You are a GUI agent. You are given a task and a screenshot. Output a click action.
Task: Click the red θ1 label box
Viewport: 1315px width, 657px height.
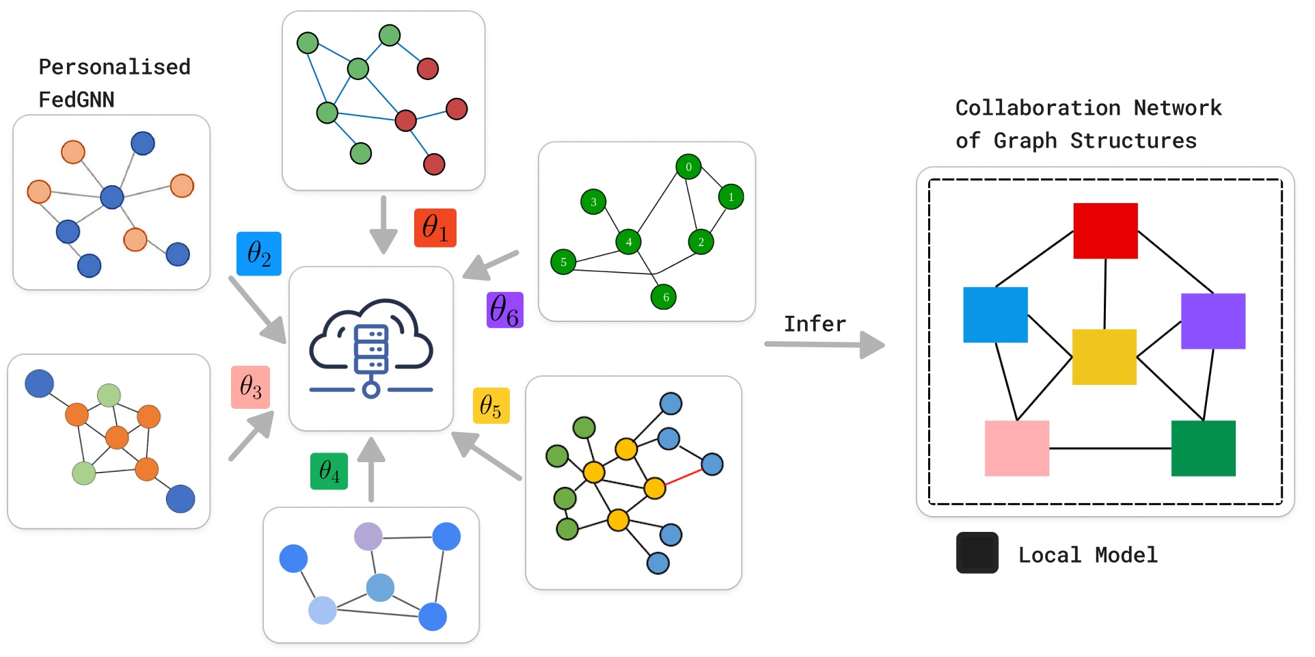pos(435,228)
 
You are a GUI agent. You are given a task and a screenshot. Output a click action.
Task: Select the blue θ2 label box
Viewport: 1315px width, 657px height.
pos(259,254)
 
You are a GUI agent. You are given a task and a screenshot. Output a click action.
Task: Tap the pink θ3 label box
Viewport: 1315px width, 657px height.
pos(251,387)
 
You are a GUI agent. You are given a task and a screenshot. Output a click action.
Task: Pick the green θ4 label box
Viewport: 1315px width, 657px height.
pos(329,471)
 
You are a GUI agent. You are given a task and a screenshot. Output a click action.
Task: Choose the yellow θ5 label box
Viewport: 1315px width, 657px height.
pos(491,406)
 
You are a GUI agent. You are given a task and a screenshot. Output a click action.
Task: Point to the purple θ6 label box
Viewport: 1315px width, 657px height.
pos(505,310)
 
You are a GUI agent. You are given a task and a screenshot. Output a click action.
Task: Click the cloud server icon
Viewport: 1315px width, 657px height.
pos(371,348)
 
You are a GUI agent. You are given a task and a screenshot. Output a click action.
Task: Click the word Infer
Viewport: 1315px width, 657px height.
pos(815,323)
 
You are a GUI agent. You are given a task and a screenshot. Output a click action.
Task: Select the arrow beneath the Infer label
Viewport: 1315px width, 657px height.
pos(825,344)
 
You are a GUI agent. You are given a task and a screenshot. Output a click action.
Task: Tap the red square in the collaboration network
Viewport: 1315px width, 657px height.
pos(1105,230)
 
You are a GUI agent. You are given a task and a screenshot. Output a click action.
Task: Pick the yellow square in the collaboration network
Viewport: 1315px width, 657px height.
pos(1104,357)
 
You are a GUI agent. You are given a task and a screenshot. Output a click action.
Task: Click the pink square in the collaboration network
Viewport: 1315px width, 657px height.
pos(1017,448)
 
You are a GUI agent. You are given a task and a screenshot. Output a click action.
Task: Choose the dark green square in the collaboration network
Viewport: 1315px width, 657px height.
pos(1204,448)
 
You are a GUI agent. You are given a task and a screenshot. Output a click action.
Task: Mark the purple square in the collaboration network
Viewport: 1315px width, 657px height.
pos(1213,321)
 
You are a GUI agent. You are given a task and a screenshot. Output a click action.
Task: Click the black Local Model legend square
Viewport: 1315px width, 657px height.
pos(977,552)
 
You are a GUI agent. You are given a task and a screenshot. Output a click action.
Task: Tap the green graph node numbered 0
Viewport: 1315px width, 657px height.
pos(688,167)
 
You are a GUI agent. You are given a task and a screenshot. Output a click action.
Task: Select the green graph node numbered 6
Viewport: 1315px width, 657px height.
pos(664,297)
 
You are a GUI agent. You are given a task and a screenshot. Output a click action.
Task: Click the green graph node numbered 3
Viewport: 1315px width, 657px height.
pos(593,202)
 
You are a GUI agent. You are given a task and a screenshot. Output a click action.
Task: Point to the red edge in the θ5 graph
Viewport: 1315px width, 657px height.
pos(683,477)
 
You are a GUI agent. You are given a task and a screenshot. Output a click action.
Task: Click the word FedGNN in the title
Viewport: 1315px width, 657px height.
pos(77,100)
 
